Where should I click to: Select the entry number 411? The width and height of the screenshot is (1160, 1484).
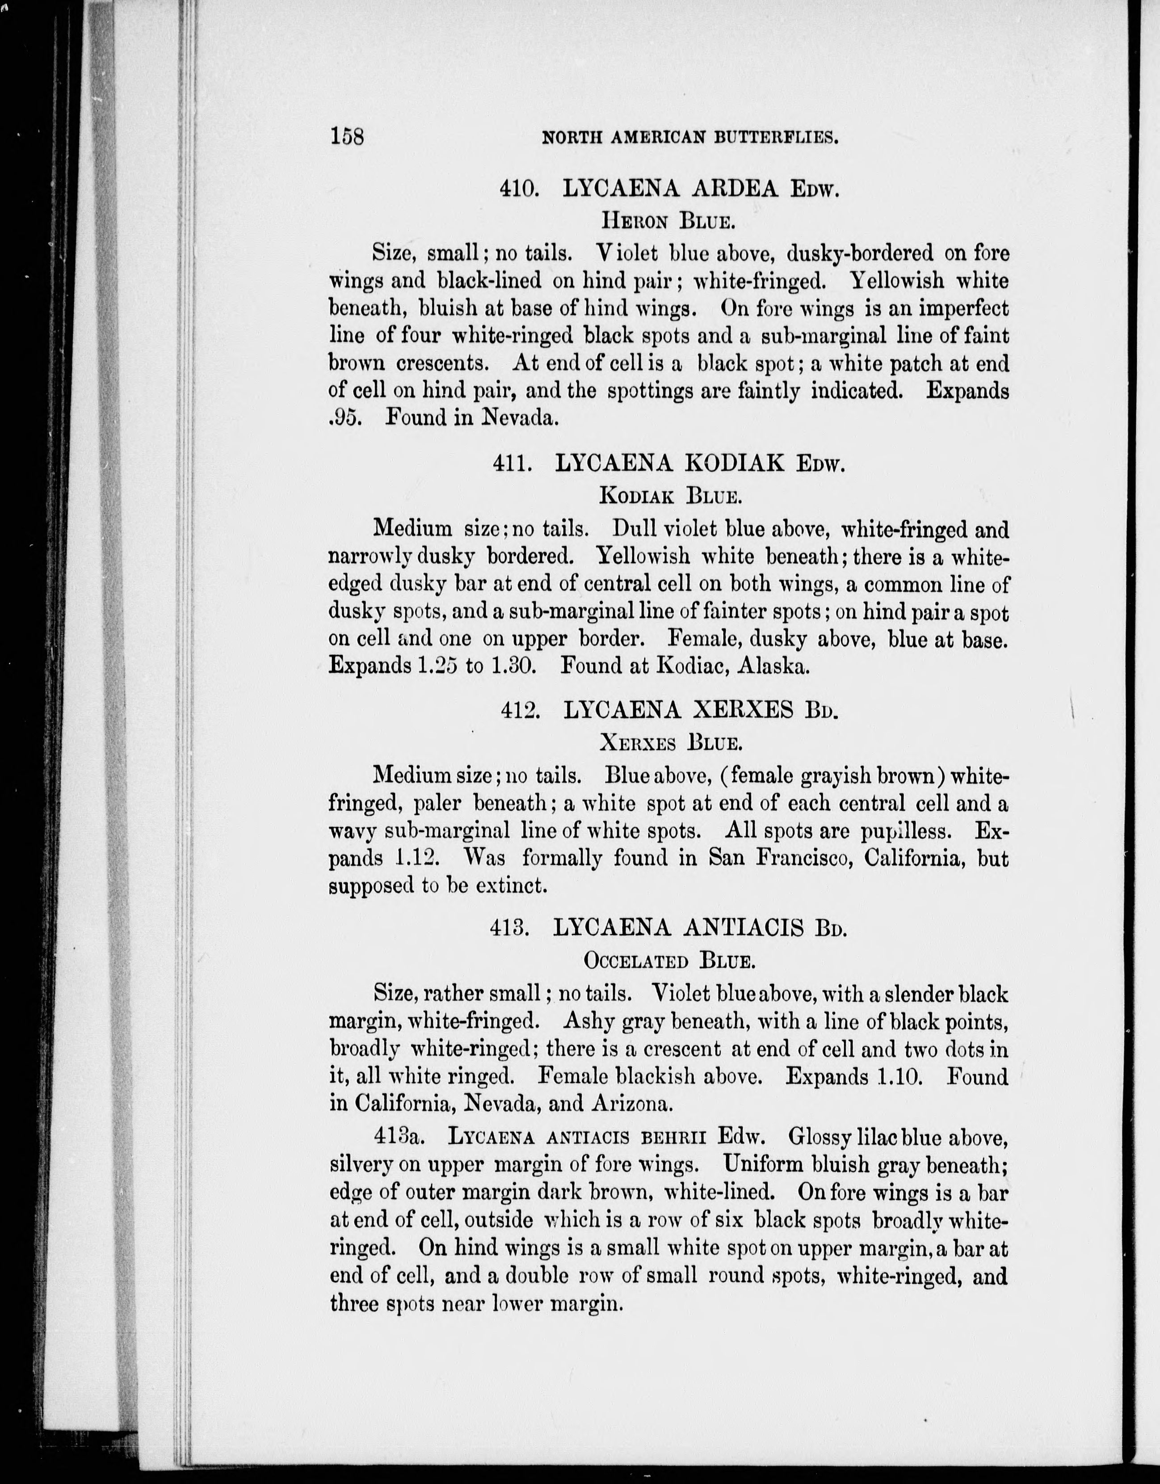click(511, 464)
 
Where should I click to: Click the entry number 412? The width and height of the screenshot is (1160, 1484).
click(520, 710)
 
